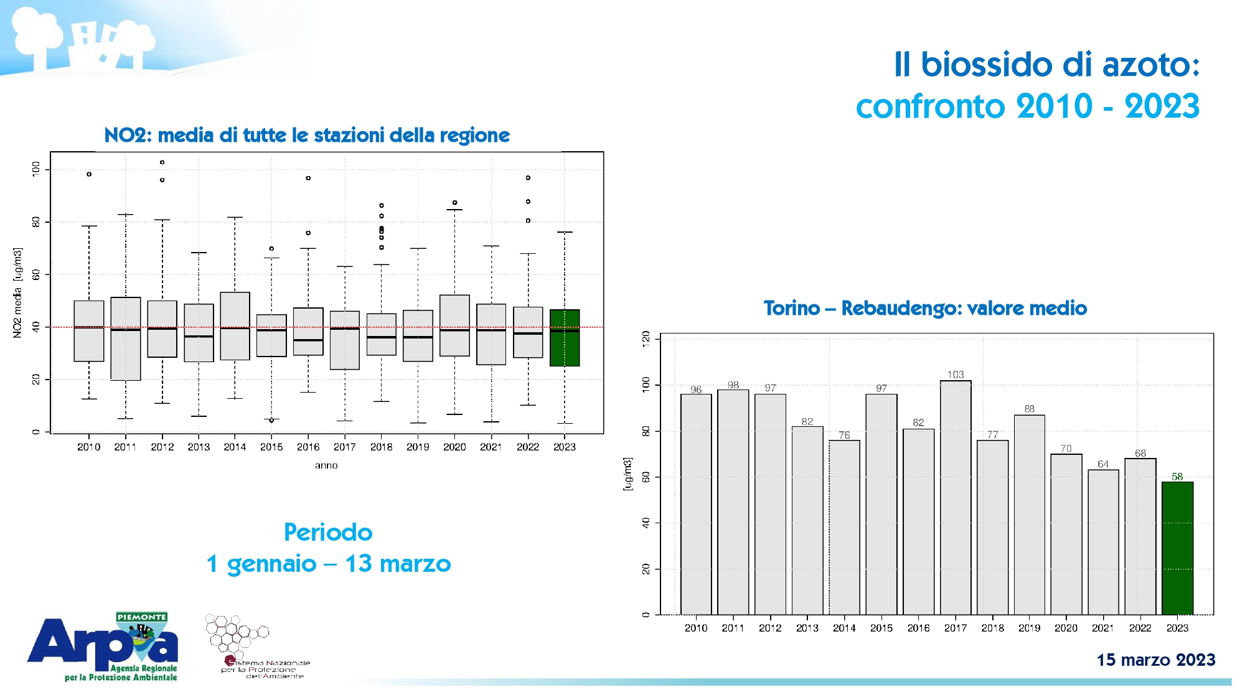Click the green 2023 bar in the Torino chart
tap(1177, 548)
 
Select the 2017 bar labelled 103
tap(956, 498)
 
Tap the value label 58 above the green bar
tap(1177, 477)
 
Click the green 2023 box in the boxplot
tap(565, 338)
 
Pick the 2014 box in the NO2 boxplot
tap(235, 326)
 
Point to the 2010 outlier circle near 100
tap(89, 174)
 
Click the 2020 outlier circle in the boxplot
tap(455, 203)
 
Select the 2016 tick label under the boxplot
tap(308, 447)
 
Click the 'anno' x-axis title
tap(326, 465)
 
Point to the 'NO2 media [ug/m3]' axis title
tap(17, 292)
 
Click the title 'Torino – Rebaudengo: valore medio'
tap(925, 308)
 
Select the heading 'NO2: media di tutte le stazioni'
tap(307, 135)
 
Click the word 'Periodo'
tap(328, 533)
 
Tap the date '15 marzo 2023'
tap(1155, 660)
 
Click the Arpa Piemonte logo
tap(103, 647)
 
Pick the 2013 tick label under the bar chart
tap(807, 628)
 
